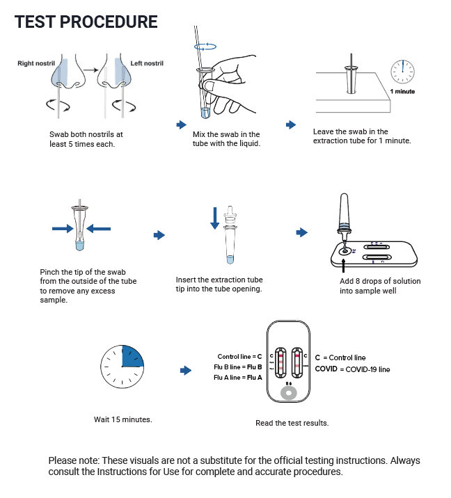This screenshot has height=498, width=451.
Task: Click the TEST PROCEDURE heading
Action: click(86, 22)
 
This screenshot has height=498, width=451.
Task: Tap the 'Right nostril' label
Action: click(37, 63)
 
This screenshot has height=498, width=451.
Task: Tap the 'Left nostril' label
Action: click(147, 63)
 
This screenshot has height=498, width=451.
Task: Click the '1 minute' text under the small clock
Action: click(402, 91)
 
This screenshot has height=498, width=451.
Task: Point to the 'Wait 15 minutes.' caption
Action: click(122, 419)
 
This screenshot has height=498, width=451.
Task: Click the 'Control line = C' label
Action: click(239, 356)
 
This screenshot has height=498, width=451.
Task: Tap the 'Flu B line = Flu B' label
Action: click(239, 367)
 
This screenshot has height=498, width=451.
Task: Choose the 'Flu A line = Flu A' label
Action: click(239, 377)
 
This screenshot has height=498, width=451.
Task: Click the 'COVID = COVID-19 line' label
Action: click(352, 369)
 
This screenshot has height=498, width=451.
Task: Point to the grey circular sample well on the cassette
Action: click(289, 393)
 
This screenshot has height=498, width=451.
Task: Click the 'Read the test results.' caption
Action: click(292, 423)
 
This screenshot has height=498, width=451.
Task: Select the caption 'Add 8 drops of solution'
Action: click(380, 281)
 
